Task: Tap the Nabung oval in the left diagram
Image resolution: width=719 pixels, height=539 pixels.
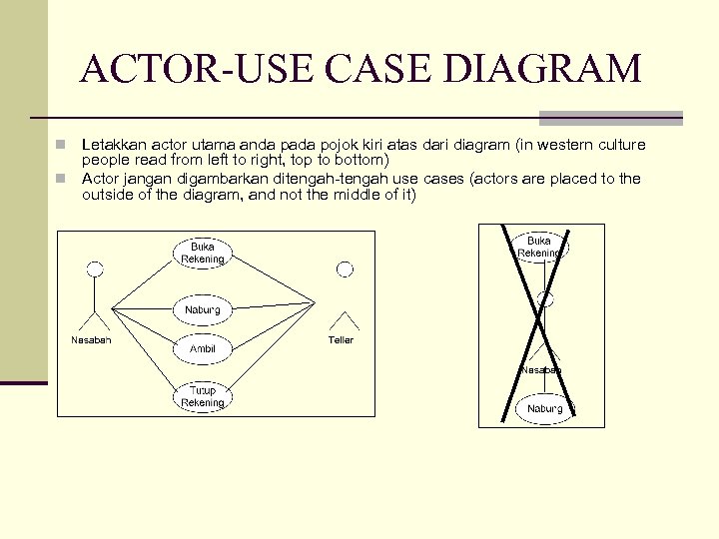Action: click(x=203, y=310)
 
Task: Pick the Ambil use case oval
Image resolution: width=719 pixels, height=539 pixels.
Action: click(x=203, y=348)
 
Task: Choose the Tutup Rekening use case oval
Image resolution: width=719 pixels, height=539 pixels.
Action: click(x=203, y=396)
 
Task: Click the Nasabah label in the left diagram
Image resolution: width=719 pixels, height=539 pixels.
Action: click(x=91, y=340)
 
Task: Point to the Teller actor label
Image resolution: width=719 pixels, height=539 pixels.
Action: click(x=341, y=340)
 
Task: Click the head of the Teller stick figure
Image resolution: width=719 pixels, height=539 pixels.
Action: click(x=345, y=269)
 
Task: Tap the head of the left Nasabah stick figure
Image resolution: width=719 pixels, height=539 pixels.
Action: click(x=95, y=269)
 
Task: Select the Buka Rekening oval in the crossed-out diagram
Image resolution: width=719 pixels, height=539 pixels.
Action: click(x=539, y=247)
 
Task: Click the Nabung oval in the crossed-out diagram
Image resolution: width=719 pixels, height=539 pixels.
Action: click(x=545, y=409)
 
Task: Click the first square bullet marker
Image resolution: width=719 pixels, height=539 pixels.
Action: click(x=62, y=145)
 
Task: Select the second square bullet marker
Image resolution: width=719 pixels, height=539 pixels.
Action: click(x=62, y=179)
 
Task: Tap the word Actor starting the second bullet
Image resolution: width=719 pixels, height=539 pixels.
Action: click(x=99, y=179)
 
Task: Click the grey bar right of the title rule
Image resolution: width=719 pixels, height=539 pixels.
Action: click(x=610, y=117)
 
